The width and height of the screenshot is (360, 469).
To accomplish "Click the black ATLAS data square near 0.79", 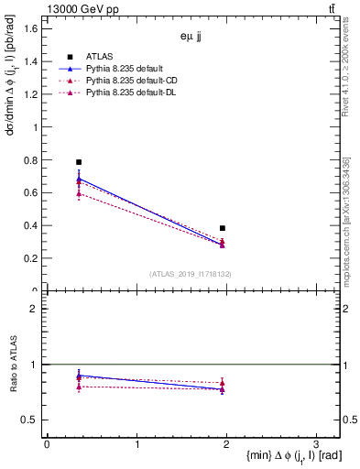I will click(79, 162).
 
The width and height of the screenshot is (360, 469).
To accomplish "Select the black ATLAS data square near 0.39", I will click(223, 228).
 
